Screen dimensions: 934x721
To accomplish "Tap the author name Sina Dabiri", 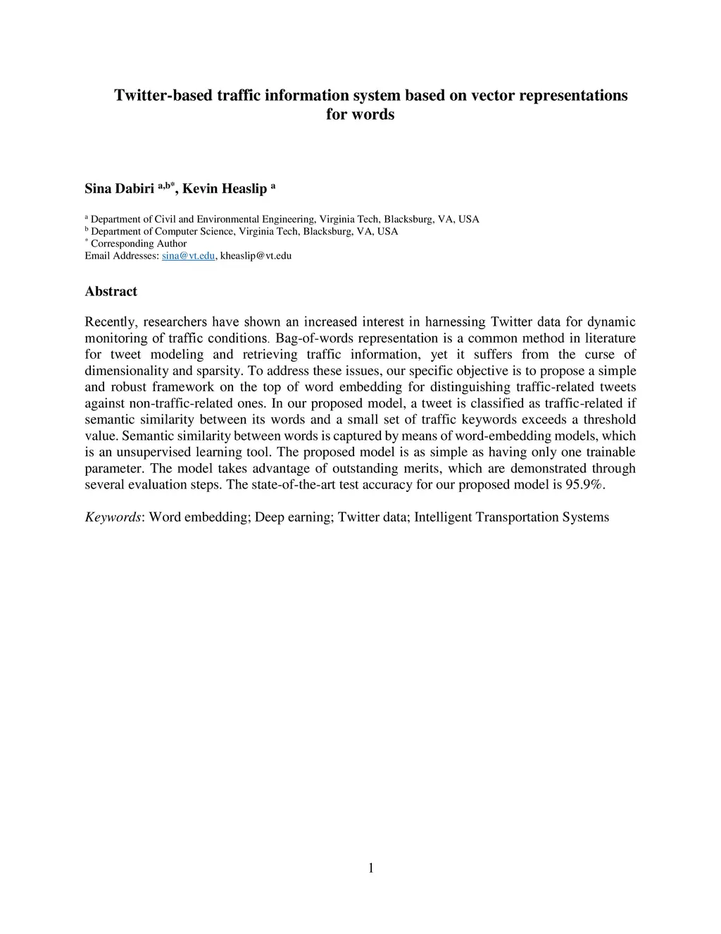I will click(119, 189).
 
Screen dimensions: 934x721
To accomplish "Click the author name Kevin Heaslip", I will click(225, 189).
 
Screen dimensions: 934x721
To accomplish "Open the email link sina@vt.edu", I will click(188, 256).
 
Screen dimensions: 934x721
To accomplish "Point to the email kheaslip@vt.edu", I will click(256, 256).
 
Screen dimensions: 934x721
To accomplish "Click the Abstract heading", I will click(111, 291).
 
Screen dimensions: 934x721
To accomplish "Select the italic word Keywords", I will click(113, 517).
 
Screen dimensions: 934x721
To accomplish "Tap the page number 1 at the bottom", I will click(371, 868).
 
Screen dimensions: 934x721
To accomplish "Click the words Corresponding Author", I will click(139, 244).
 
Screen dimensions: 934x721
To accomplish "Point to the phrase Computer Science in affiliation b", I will click(194, 231).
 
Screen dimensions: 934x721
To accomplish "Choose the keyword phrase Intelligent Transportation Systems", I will click(511, 517).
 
